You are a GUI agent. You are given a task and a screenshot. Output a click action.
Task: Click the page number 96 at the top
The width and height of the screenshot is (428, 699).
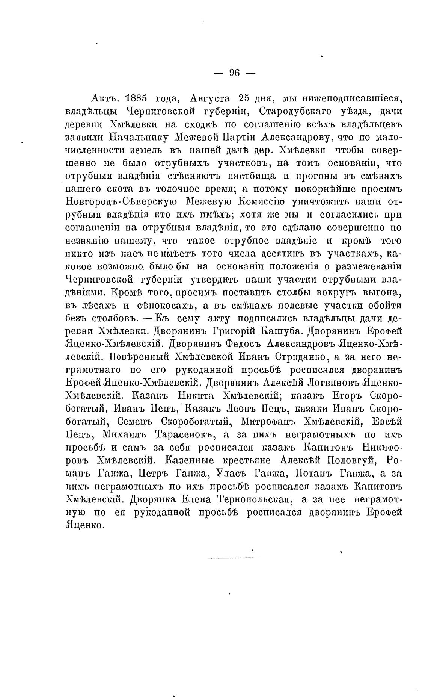[x=234, y=73]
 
